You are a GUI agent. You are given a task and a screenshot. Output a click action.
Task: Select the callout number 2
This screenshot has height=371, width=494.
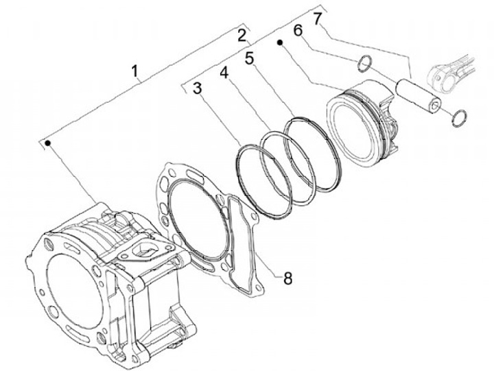pos(242,34)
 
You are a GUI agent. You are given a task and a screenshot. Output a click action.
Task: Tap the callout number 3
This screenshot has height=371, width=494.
pos(197,88)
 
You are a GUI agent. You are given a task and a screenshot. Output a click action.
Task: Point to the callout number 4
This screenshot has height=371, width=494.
pos(224,71)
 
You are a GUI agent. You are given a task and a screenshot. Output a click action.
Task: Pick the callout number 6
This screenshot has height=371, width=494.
pos(298,31)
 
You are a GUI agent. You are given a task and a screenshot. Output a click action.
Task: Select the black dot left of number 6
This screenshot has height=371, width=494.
pos(281,43)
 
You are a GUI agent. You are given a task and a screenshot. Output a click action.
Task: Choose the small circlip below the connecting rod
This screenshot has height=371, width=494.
pos(459,117)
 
